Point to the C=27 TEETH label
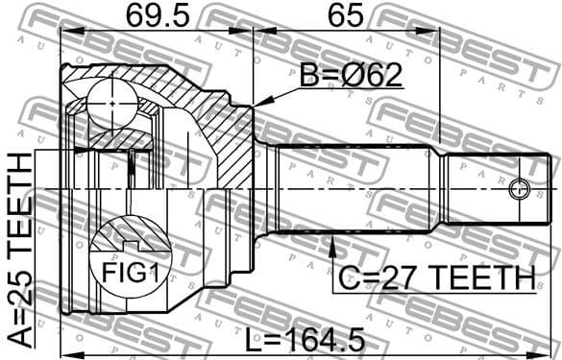pos(435,277)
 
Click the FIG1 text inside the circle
pos(129,273)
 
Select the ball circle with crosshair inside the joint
pos(111,99)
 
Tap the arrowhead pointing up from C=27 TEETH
pos(332,246)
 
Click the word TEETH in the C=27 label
pos(481,277)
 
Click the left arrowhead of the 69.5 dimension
pos(65,31)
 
